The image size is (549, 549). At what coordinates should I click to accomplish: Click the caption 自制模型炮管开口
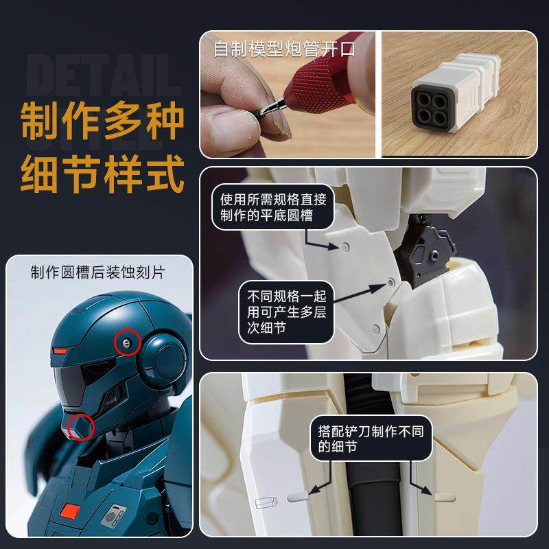coord(284,49)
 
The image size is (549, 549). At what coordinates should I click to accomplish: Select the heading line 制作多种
coord(102,120)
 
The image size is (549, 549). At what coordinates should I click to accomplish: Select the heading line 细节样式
coord(102,174)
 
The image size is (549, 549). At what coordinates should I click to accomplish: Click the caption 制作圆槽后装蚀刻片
coord(97,272)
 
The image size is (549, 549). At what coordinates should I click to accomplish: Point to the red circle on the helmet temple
coord(127,342)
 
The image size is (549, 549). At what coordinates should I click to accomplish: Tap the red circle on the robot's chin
coord(81,427)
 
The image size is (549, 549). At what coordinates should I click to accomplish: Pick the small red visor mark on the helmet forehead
coord(60,351)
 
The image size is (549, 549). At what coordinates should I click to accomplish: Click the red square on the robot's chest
coord(70,511)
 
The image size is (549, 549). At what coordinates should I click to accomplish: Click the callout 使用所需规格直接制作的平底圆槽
coord(273,207)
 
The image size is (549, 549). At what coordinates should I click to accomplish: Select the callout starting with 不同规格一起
coord(286,312)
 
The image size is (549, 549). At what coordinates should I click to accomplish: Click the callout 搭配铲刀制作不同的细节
coord(371,439)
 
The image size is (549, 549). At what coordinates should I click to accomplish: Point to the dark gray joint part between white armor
coord(425,250)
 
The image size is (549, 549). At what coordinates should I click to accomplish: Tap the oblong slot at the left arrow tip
coord(298,496)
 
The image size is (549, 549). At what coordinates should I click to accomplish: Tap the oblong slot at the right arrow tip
coord(445,497)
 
